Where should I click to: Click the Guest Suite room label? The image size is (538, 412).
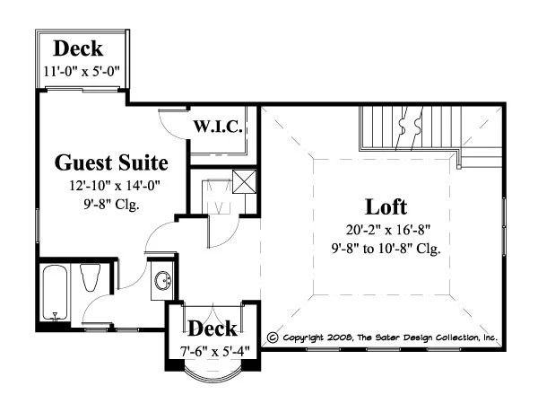click(111, 162)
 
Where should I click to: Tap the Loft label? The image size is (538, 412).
click(386, 207)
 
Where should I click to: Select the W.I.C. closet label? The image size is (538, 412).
click(218, 127)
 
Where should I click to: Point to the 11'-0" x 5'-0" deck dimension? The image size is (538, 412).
click(82, 72)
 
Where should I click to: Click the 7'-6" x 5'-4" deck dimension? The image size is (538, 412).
click(215, 351)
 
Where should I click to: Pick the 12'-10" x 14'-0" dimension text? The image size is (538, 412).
click(115, 186)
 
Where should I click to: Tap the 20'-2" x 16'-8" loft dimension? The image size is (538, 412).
click(388, 230)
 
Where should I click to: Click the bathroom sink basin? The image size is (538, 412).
click(163, 281)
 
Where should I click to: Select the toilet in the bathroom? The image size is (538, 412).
click(90, 277)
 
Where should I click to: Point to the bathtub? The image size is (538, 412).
click(55, 293)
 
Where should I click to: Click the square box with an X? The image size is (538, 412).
click(244, 181)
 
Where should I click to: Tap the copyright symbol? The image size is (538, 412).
click(273, 337)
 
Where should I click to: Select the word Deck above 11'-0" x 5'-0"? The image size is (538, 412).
click(78, 48)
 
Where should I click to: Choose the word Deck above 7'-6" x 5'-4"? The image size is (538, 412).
click(213, 329)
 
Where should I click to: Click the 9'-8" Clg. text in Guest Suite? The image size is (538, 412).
click(112, 205)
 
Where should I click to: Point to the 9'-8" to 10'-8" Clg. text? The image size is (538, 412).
click(386, 249)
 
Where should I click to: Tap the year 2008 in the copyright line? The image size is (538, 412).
click(339, 337)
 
